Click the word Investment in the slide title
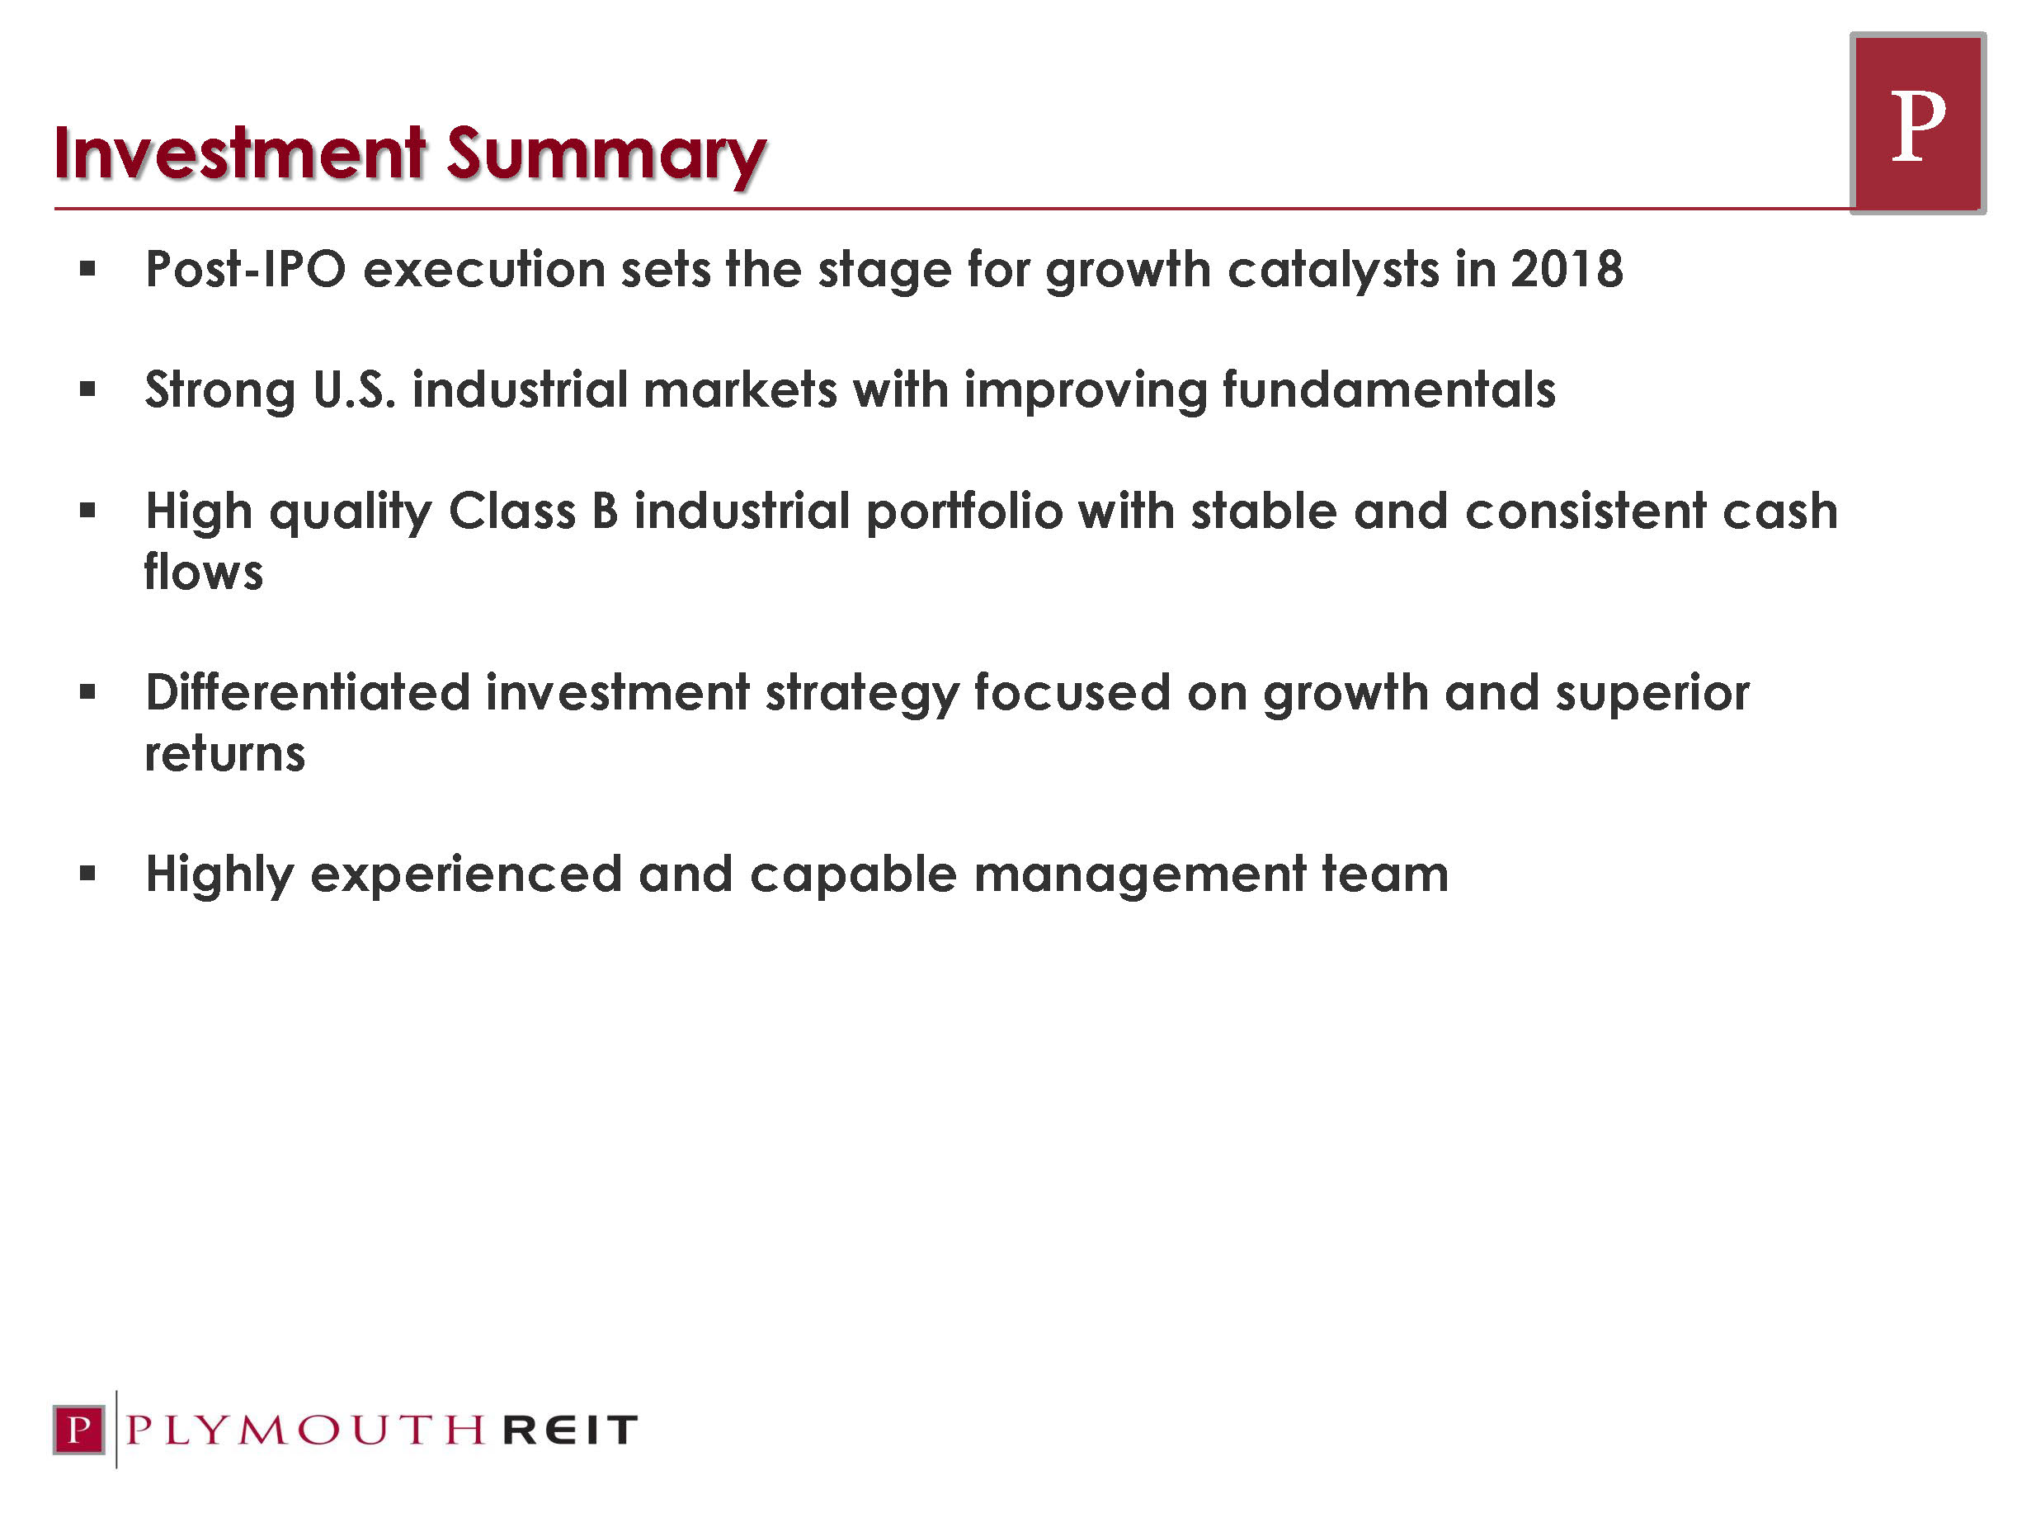pos(240,153)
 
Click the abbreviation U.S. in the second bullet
pos(355,389)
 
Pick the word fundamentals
pos(1388,389)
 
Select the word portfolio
pos(964,512)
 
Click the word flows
pos(203,571)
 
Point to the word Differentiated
pos(307,692)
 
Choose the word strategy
pos(862,695)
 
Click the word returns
pos(224,754)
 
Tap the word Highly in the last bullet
pos(219,875)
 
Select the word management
pos(1140,875)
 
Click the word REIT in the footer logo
pos(570,1430)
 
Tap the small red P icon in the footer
pos(79,1429)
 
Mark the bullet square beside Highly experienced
pos(87,874)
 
